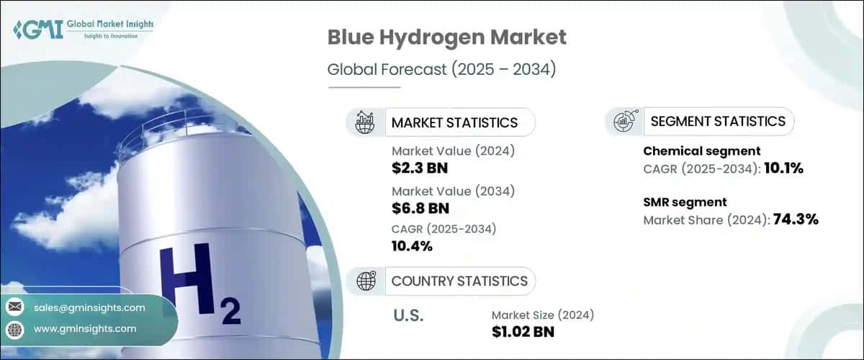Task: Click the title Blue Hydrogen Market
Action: pyautogui.click(x=446, y=37)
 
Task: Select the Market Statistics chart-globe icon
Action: pyautogui.click(x=365, y=122)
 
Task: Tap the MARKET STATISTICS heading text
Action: pyautogui.click(x=454, y=122)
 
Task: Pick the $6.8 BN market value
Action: pyautogui.click(x=420, y=209)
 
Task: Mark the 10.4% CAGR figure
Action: pyautogui.click(x=412, y=247)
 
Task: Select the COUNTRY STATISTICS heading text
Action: pyautogui.click(x=459, y=281)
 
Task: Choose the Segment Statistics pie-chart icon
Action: pyautogui.click(x=624, y=121)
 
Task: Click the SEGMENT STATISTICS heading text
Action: pyautogui.click(x=718, y=121)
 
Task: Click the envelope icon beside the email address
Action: pyautogui.click(x=14, y=307)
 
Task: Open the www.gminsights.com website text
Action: pyautogui.click(x=85, y=329)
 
